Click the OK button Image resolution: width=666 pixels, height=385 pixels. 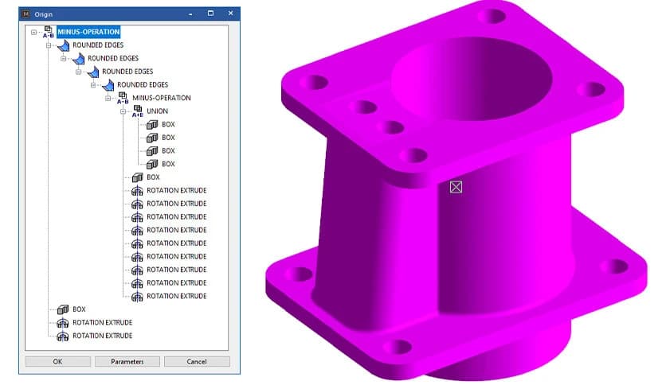pyautogui.click(x=57, y=361)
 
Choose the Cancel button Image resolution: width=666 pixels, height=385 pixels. pyautogui.click(x=197, y=361)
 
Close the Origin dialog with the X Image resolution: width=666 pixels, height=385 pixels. pyautogui.click(x=231, y=14)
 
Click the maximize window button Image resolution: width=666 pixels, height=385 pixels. pyautogui.click(x=210, y=14)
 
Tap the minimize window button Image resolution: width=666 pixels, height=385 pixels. pyautogui.click(x=190, y=14)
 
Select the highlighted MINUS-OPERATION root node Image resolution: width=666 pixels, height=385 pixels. pyautogui.click(x=88, y=32)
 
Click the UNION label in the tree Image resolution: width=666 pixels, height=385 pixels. pyautogui.click(x=158, y=111)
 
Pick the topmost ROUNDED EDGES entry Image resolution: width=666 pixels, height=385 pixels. pyautogui.click(x=98, y=45)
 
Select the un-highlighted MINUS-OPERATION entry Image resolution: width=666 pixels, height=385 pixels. pyautogui.click(x=162, y=98)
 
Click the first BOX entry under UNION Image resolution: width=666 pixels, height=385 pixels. pyautogui.click(x=168, y=124)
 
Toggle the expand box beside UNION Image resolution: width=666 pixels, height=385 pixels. pyautogui.click(x=123, y=111)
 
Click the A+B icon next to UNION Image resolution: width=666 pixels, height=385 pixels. pyautogui.click(x=137, y=111)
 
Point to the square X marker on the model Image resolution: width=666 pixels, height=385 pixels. pyautogui.click(x=456, y=187)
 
